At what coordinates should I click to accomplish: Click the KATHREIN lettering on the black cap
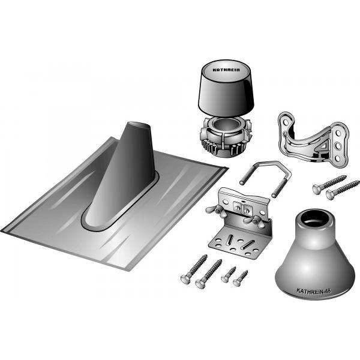pyautogui.click(x=226, y=70)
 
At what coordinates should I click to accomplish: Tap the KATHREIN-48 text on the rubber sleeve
pyautogui.click(x=314, y=291)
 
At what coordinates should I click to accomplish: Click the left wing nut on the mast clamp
pyautogui.click(x=214, y=209)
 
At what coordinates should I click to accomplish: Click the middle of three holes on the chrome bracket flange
pyautogui.click(x=338, y=146)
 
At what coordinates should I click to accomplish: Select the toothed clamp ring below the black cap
pyautogui.click(x=226, y=137)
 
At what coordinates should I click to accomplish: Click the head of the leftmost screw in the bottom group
pyautogui.click(x=185, y=280)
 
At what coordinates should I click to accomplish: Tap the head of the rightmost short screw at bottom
pyautogui.click(x=237, y=283)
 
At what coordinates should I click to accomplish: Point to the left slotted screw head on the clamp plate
pyautogui.click(x=238, y=208)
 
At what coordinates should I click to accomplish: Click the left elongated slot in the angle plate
pyautogui.click(x=230, y=240)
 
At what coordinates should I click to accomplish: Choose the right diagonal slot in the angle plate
pyautogui.click(x=247, y=245)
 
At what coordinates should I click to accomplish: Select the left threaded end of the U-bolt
pyautogui.click(x=247, y=175)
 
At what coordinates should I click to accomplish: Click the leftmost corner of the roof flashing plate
pyautogui.click(x=1, y=230)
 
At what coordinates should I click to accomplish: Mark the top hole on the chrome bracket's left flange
pyautogui.click(x=286, y=122)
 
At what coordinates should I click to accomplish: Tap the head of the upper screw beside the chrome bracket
pyautogui.click(x=317, y=190)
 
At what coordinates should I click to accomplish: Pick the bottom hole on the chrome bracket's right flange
pyautogui.click(x=337, y=158)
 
